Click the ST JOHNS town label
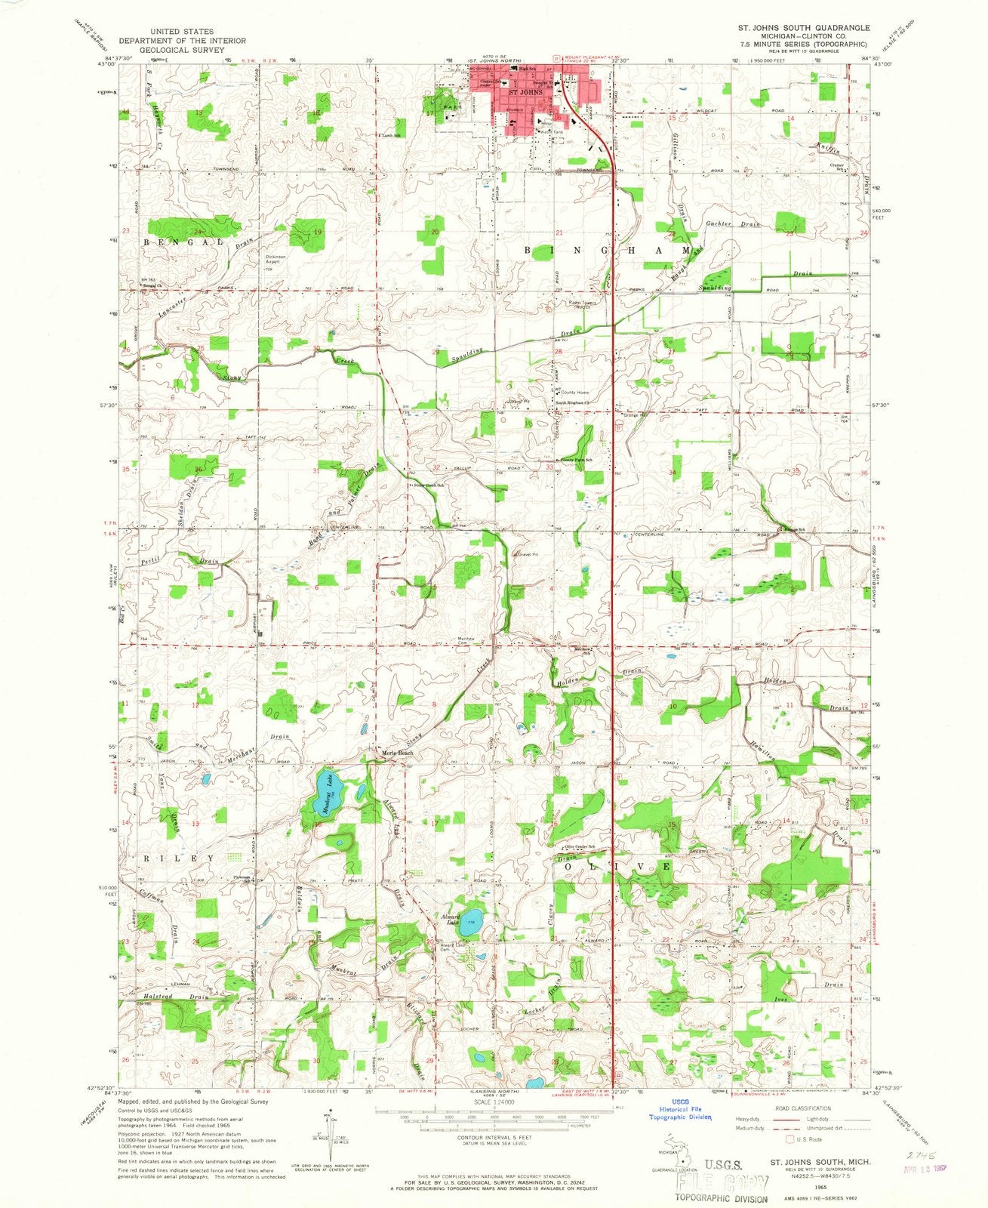point(527,93)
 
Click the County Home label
point(574,393)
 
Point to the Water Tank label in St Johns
point(548,132)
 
